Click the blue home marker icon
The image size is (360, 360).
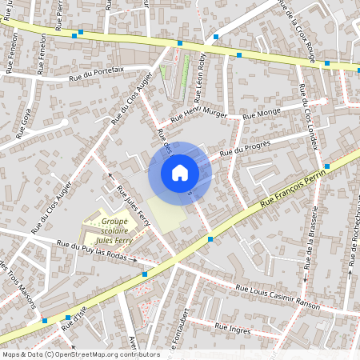180,173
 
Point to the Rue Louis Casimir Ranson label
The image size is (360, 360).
278,297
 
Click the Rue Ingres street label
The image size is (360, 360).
232,328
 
